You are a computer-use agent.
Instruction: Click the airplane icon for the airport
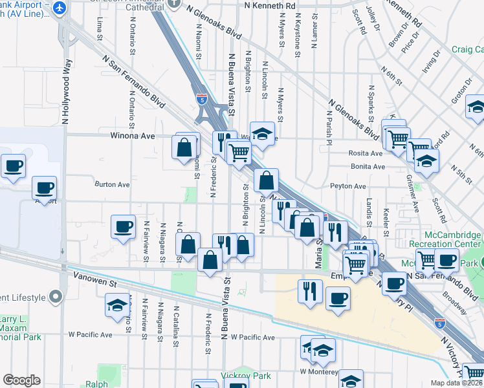coord(61,8)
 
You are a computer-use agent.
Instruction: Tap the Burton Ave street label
coord(113,184)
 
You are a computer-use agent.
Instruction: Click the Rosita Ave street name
coord(366,153)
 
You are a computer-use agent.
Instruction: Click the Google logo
coord(21,380)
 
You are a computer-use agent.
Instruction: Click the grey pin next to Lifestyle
coord(56,297)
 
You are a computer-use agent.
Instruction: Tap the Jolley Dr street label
coord(374,20)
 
